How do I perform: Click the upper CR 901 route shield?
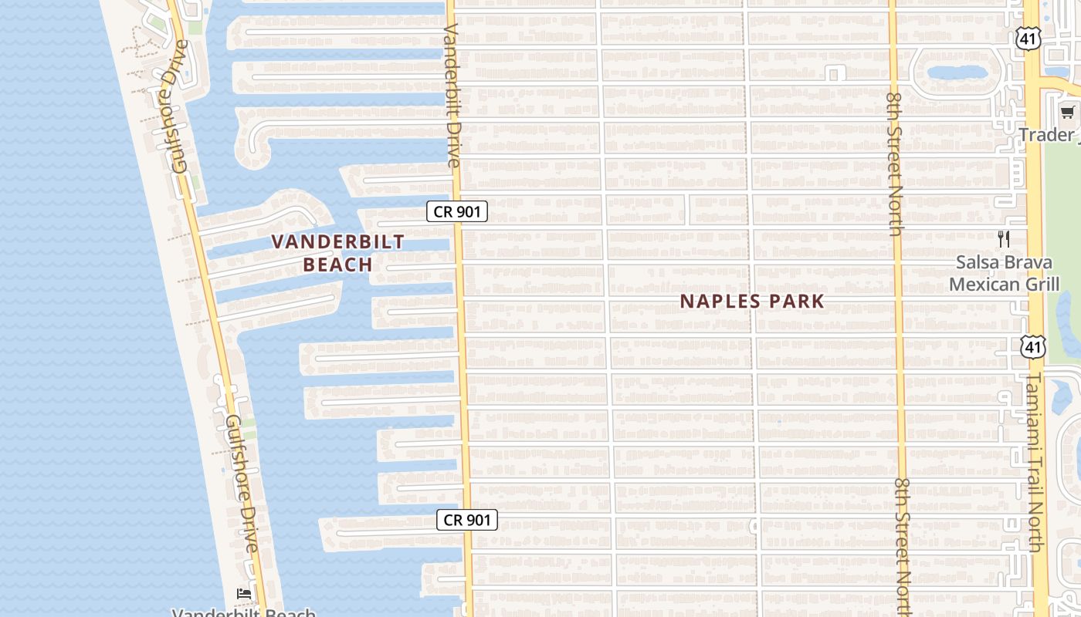click(457, 211)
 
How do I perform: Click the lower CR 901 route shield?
click(467, 520)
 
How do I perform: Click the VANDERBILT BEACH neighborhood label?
click(338, 253)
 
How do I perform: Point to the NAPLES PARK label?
click(752, 302)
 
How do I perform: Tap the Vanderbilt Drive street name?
click(453, 95)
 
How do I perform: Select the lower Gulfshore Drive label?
click(241, 484)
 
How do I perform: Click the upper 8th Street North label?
click(895, 164)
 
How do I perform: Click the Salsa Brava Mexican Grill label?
click(1004, 273)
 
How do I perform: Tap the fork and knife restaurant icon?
click(1004, 239)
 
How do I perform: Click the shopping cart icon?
click(1068, 113)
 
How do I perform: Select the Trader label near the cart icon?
click(1046, 135)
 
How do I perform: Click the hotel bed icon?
click(244, 593)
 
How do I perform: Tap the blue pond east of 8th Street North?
click(957, 73)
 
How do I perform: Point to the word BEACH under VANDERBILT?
click(338, 265)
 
